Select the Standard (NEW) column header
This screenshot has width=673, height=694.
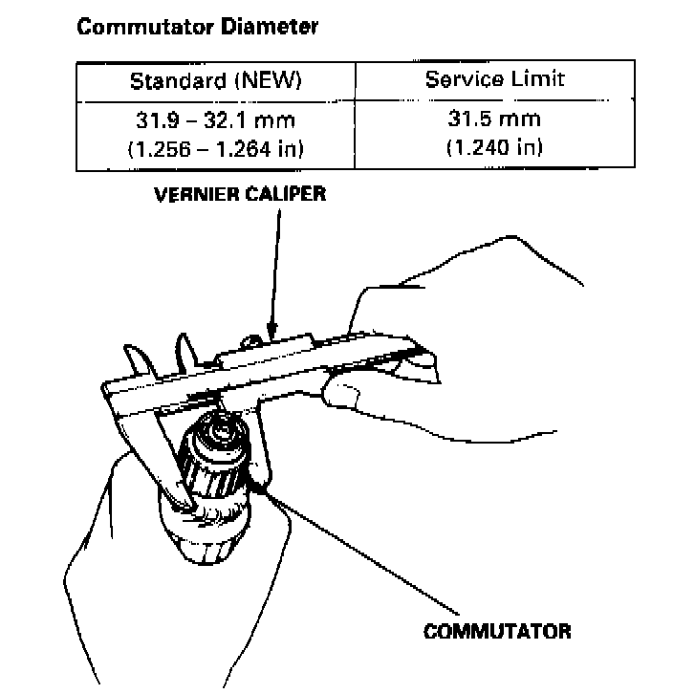tap(215, 81)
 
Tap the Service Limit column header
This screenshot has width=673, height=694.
tap(494, 79)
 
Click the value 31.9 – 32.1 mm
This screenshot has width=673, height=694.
tap(215, 121)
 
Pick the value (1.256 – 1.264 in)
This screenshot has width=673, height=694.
tap(215, 148)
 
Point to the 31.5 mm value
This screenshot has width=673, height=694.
tap(494, 120)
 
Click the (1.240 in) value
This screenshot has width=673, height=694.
tap(494, 147)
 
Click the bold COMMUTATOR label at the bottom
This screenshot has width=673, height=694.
tap(497, 632)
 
